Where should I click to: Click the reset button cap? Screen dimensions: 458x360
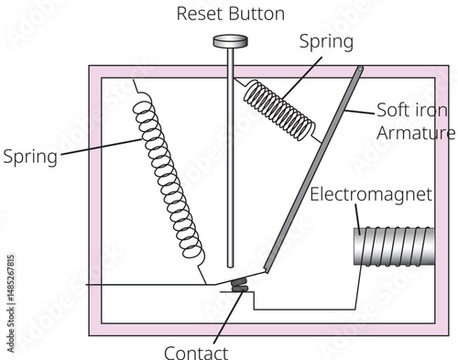click(230, 41)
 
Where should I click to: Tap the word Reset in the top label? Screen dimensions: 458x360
click(201, 14)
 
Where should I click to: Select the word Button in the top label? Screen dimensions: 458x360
click(256, 14)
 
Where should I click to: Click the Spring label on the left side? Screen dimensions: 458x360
click(30, 157)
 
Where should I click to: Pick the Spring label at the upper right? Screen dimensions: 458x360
click(326, 42)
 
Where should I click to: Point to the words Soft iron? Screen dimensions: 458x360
click(412, 110)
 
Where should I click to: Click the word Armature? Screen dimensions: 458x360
click(416, 133)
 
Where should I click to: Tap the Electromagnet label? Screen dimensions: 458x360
click(371, 194)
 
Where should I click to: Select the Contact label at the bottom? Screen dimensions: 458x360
click(196, 353)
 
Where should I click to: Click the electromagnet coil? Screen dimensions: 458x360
click(394, 245)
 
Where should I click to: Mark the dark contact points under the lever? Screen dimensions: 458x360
click(239, 285)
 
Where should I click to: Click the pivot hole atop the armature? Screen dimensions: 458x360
click(360, 69)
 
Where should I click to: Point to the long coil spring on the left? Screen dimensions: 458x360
click(169, 180)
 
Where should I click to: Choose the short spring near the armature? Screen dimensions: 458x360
click(278, 110)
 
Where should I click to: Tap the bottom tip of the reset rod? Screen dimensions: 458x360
click(230, 267)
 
